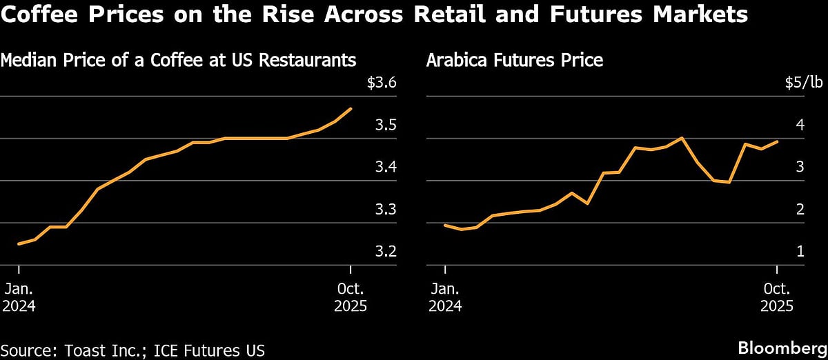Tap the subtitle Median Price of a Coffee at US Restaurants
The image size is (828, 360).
[178, 60]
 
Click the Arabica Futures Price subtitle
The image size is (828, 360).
[515, 60]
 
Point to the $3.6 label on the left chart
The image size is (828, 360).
[382, 83]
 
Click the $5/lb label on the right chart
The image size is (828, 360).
[804, 83]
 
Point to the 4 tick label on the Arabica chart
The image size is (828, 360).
[800, 126]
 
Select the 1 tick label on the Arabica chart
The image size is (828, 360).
[800, 252]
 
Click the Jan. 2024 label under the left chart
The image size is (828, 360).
[20, 297]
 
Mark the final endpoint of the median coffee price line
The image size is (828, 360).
[351, 108]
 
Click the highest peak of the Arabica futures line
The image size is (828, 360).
[682, 138]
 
